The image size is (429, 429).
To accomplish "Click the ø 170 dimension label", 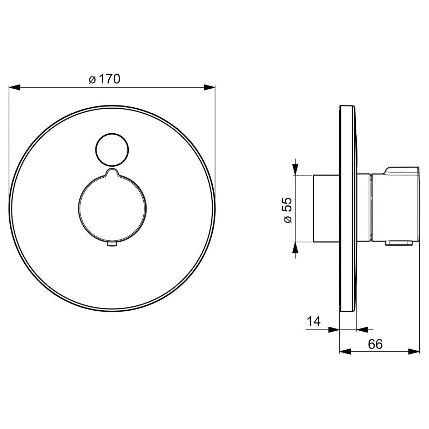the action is point(104,79).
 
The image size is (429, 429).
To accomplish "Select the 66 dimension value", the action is point(375,344).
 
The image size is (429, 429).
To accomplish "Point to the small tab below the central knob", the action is point(112,245).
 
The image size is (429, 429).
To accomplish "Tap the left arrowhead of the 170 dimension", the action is point(14,87).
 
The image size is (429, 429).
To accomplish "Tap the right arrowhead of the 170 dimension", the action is point(209,87).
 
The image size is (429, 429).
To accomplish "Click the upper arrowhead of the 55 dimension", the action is point(295,169).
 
